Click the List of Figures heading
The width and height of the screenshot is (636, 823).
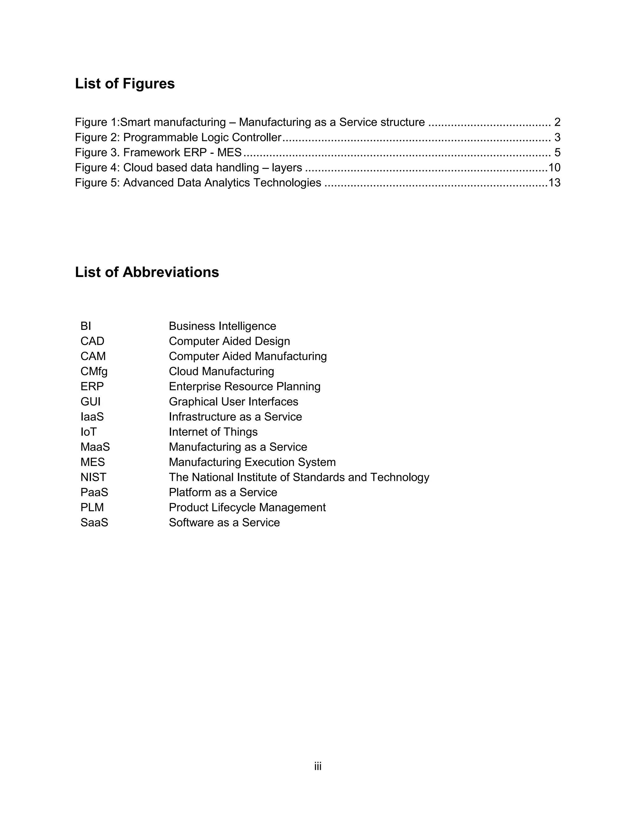coord(125,84)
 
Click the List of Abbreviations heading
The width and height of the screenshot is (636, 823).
coord(147,272)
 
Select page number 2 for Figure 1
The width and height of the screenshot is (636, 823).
coord(557,122)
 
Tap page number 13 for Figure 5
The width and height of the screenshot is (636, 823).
coord(554,183)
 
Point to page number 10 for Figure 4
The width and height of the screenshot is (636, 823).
coord(554,168)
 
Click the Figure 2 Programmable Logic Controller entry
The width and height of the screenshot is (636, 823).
coord(178,138)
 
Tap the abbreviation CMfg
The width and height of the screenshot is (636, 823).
coord(94,371)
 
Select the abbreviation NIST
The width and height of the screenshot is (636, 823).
coord(93,477)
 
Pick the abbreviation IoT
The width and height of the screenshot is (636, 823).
coord(88,432)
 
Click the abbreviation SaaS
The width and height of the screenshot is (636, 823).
coord(94,523)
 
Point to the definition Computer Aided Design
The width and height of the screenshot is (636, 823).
coord(229,341)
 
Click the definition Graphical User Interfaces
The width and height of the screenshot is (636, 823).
coord(233,402)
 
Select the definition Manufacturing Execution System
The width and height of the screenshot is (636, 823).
coord(252,462)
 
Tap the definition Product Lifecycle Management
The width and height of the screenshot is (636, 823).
coord(247,507)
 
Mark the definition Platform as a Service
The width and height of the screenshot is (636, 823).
coord(223,493)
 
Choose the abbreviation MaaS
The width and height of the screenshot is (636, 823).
coord(95,447)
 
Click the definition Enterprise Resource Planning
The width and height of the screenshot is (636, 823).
coord(244,387)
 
